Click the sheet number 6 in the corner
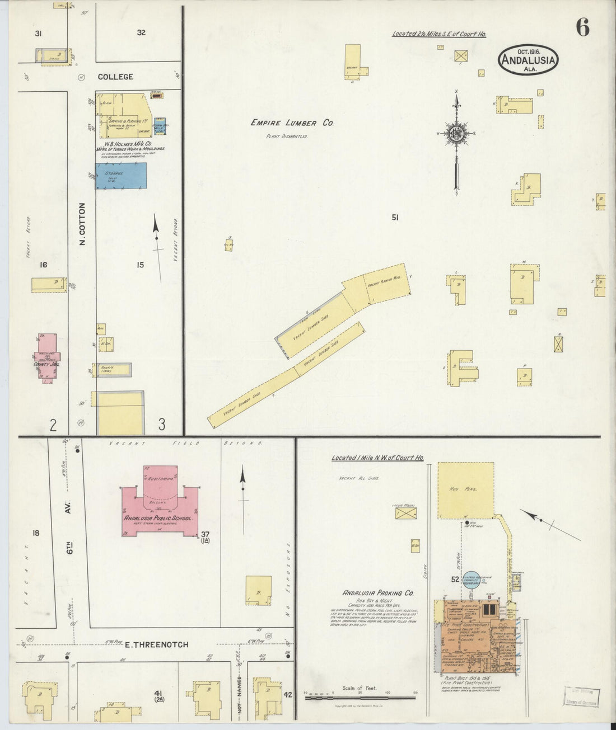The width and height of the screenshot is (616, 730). point(583,27)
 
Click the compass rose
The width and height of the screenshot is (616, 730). point(456,133)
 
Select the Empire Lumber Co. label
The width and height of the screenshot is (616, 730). point(292,123)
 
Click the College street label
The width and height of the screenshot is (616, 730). point(116,77)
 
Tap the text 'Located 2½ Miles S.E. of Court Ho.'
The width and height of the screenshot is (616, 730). point(438,34)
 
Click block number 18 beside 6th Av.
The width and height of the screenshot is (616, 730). point(36,533)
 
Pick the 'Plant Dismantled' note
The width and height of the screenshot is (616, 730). point(286,136)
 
